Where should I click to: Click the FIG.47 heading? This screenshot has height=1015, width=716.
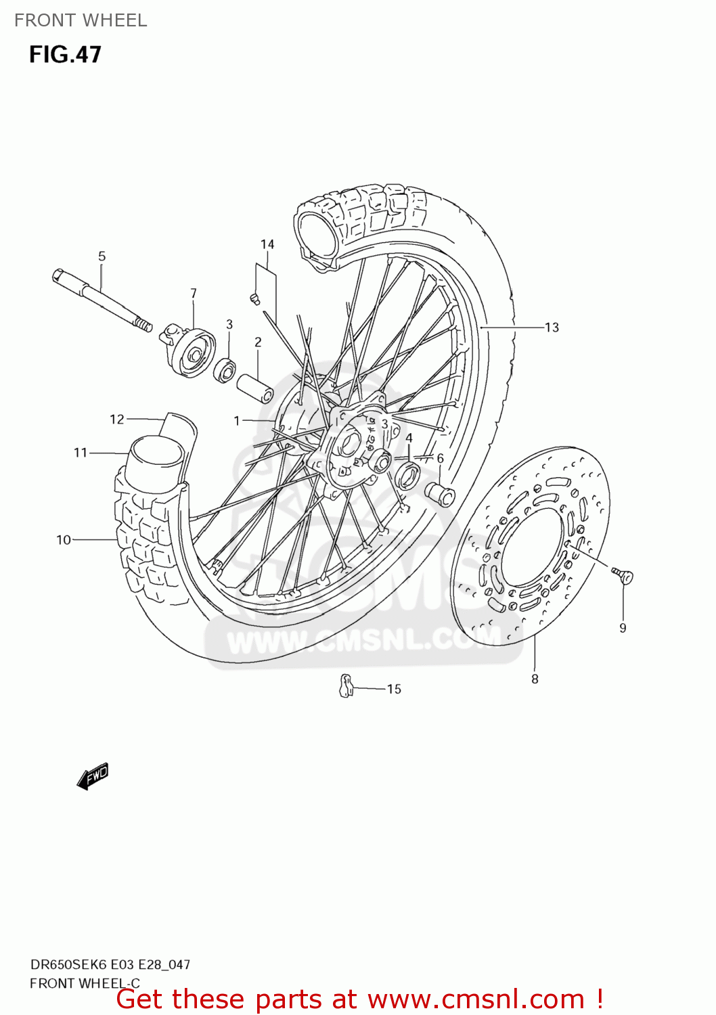[65, 55]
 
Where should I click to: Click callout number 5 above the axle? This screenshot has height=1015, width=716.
[102, 256]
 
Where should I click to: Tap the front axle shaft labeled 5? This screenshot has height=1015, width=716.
[102, 298]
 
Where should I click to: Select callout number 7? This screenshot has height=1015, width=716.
[194, 294]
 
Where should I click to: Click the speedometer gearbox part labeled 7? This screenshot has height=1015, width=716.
[189, 351]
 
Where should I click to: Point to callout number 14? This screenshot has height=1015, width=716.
[267, 245]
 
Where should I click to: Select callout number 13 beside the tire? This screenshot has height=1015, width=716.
[552, 328]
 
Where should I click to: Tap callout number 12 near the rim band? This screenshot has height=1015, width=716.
[117, 420]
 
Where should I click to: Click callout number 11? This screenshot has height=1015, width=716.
[81, 453]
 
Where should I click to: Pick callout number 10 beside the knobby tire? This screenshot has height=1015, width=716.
[64, 540]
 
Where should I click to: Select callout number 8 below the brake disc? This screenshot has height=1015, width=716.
[535, 679]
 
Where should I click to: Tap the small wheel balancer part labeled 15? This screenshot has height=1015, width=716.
[346, 686]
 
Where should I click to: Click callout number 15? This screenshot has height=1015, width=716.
[394, 690]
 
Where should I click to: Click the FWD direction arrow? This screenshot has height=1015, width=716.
[93, 776]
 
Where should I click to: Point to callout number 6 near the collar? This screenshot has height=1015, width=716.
[440, 459]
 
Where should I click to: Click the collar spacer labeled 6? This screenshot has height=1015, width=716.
[440, 495]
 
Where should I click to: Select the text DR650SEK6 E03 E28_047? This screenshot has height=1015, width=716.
[110, 965]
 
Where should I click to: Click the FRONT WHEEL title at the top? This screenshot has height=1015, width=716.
[81, 20]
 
